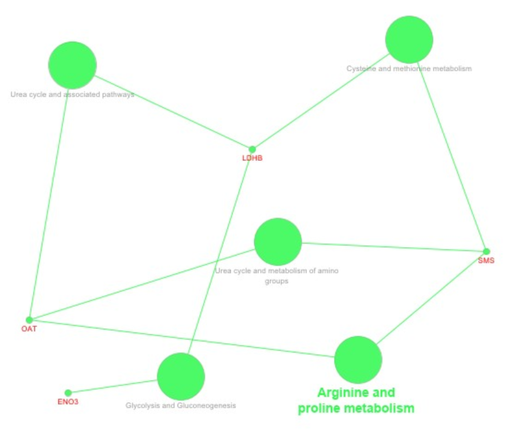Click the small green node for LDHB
coord(252,149)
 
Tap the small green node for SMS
coord(486,252)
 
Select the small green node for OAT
coord(29,320)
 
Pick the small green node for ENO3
coord(68,393)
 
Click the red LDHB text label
coord(253,158)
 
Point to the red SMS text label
coord(486,261)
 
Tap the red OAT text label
coord(29,329)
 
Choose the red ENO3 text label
coord(68,402)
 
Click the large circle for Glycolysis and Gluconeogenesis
coord(181,376)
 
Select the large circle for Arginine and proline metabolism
coord(358,360)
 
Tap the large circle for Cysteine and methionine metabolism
coord(409,40)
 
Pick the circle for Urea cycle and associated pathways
coord(73,65)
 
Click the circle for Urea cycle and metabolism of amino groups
coord(278,242)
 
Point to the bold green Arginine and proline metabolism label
coord(356,401)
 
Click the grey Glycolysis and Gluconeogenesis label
coord(181,406)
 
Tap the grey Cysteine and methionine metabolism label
coord(409,69)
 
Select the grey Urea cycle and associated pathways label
coord(73,95)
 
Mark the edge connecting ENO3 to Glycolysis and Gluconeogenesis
coord(113,386)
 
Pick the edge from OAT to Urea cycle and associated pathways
coord(48,203)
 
